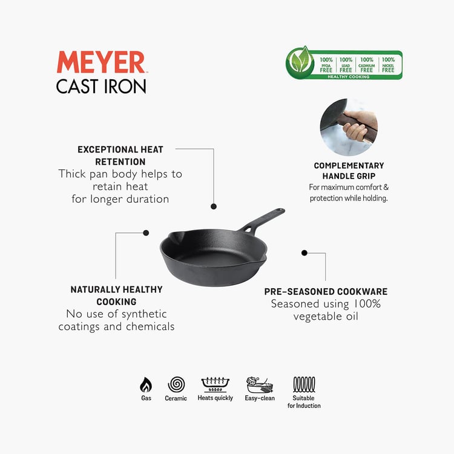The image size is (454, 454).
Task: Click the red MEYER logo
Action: click(x=100, y=63)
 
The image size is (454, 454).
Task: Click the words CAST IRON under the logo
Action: click(x=101, y=86)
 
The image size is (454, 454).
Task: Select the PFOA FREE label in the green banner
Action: click(x=326, y=65)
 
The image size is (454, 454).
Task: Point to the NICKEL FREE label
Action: click(x=388, y=65)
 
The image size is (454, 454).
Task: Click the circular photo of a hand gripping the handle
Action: click(x=349, y=127)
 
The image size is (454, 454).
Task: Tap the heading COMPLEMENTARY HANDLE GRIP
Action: click(x=349, y=171)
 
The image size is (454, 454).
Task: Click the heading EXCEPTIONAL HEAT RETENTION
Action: click(x=120, y=156)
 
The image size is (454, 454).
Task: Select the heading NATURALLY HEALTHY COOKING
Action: click(x=116, y=295)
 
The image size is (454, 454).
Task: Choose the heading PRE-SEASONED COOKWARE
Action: click(x=326, y=292)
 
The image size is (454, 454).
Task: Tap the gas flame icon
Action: click(x=146, y=385)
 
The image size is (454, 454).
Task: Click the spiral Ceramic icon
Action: click(x=176, y=384)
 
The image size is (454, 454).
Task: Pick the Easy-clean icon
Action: click(x=259, y=384)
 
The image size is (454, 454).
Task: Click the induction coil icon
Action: click(x=304, y=384)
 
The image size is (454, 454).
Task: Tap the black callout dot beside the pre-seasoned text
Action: click(x=304, y=252)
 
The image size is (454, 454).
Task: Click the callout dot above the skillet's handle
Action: click(x=214, y=206)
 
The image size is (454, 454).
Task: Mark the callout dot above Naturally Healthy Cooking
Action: click(x=146, y=232)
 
